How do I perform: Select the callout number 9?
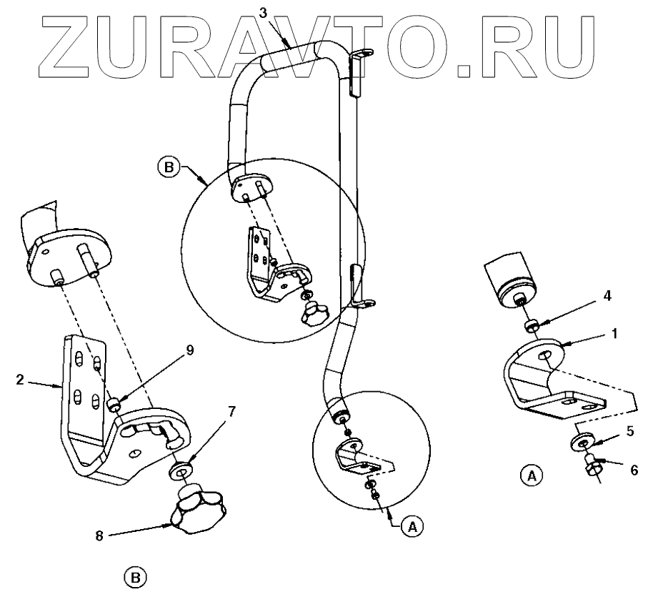tap(170, 350)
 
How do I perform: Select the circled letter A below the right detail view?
tap(529, 474)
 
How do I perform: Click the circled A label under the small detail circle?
tap(409, 526)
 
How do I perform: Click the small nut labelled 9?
tap(114, 405)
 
